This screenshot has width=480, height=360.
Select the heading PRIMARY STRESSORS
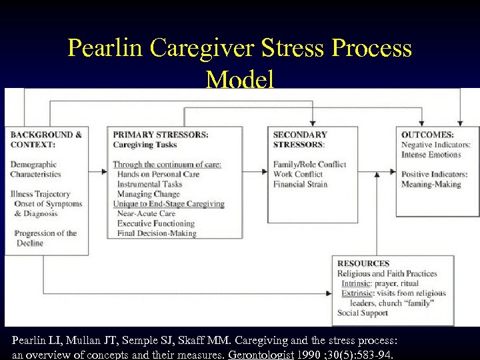coord(160,134)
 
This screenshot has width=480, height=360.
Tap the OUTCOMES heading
coord(427,134)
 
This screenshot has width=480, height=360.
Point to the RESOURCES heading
coord(363,263)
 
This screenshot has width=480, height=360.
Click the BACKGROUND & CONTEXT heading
coord(46,139)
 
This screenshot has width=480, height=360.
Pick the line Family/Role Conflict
coord(309,164)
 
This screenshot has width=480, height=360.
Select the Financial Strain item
coord(300,184)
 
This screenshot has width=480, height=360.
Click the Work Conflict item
coord(298,174)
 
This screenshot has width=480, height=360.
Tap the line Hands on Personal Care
coord(158,174)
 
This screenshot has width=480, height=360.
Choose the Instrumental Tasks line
coord(149,184)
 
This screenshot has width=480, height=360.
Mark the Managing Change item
coord(148,194)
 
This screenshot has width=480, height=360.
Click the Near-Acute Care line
coord(147,214)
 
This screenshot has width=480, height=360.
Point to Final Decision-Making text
coord(157,233)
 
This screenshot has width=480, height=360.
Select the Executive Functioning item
coord(156,224)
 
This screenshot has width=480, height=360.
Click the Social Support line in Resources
coord(362,313)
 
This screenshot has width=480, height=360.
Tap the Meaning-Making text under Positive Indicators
coord(431,184)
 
